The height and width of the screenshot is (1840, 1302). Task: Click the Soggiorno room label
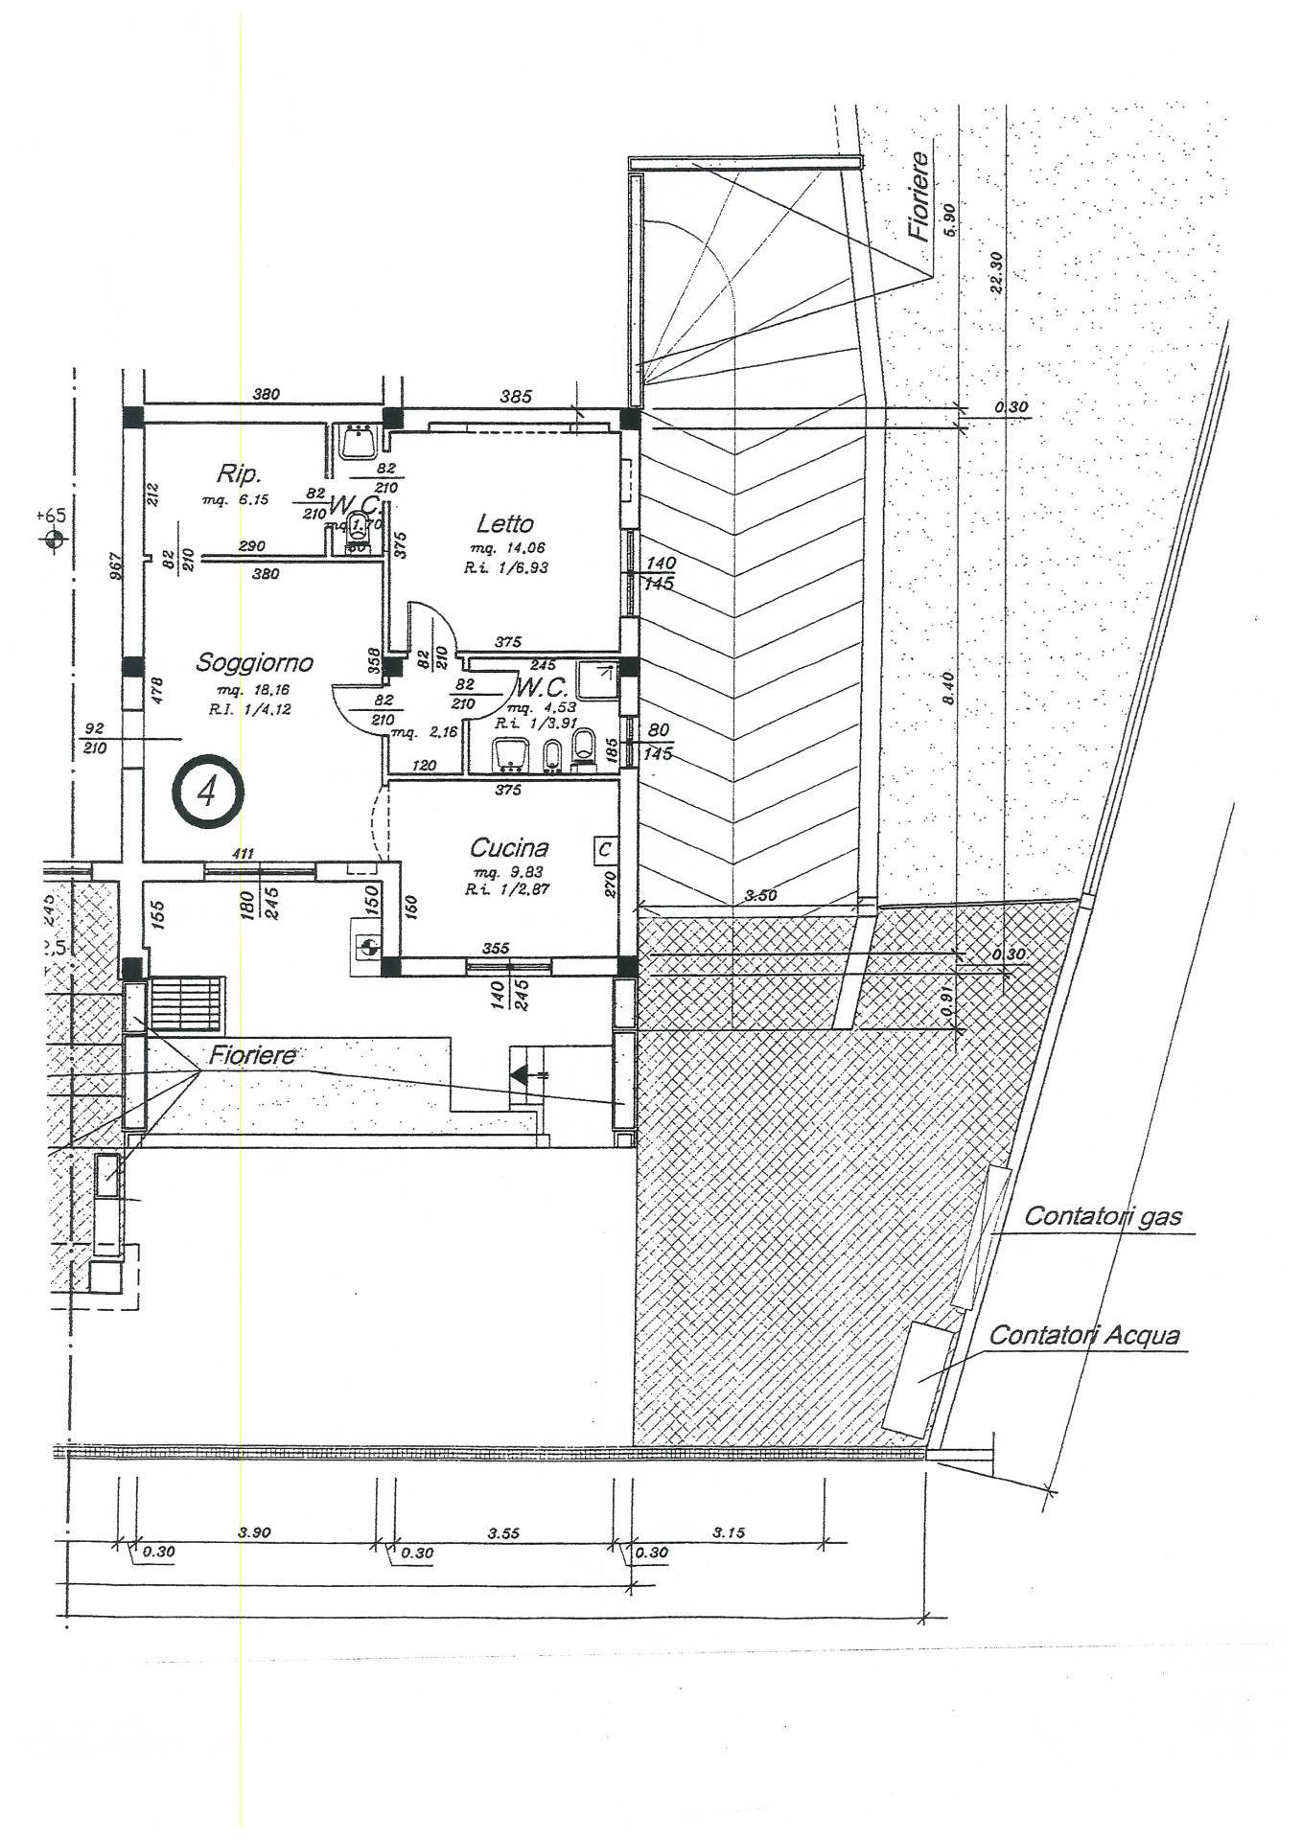click(x=254, y=662)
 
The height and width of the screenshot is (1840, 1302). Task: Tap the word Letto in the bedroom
click(x=504, y=523)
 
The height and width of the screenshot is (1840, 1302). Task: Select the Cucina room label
click(x=509, y=847)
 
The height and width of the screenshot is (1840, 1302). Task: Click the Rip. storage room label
click(x=239, y=473)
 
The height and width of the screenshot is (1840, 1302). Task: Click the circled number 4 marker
click(x=208, y=791)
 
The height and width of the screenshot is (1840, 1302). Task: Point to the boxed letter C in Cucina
click(x=604, y=849)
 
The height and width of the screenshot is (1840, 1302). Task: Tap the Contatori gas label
click(x=1103, y=1217)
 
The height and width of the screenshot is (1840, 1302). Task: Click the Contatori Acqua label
click(x=1083, y=1335)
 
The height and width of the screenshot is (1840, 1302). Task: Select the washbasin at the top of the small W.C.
click(x=360, y=444)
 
